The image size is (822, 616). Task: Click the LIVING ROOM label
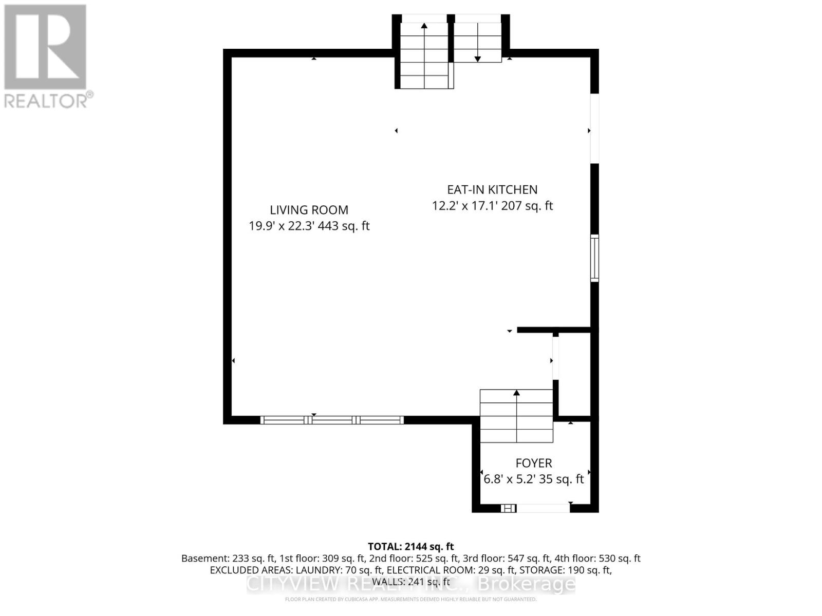point(309,210)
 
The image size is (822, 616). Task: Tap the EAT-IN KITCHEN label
point(492,189)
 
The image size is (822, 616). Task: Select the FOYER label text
point(534,463)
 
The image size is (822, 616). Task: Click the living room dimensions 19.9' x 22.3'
point(282,226)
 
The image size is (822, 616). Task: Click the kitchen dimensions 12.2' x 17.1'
point(462,206)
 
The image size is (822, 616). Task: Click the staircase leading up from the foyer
point(516,416)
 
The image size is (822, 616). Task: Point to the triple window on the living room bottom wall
point(332,420)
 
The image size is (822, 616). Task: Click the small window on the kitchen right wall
point(594,258)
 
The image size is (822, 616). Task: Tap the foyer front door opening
point(543,508)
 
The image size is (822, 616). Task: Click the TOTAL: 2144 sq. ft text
point(411,547)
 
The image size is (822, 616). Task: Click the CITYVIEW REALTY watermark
point(411,584)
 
